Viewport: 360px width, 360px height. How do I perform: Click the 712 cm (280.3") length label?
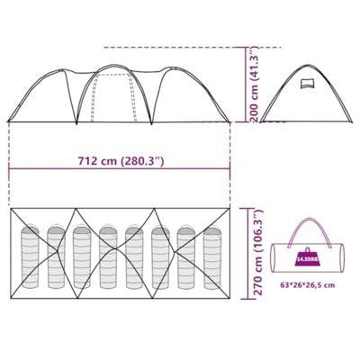coord(121,161)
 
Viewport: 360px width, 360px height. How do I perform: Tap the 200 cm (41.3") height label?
coord(255,85)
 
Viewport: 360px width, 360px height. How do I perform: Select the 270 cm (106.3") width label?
coord(258,253)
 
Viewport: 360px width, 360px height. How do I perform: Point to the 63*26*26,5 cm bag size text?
coord(308,285)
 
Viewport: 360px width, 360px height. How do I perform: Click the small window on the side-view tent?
coord(306,83)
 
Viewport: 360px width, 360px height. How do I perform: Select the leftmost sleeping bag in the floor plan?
coord(30,256)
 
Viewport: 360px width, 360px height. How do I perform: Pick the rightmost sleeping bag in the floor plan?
coord(212,257)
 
